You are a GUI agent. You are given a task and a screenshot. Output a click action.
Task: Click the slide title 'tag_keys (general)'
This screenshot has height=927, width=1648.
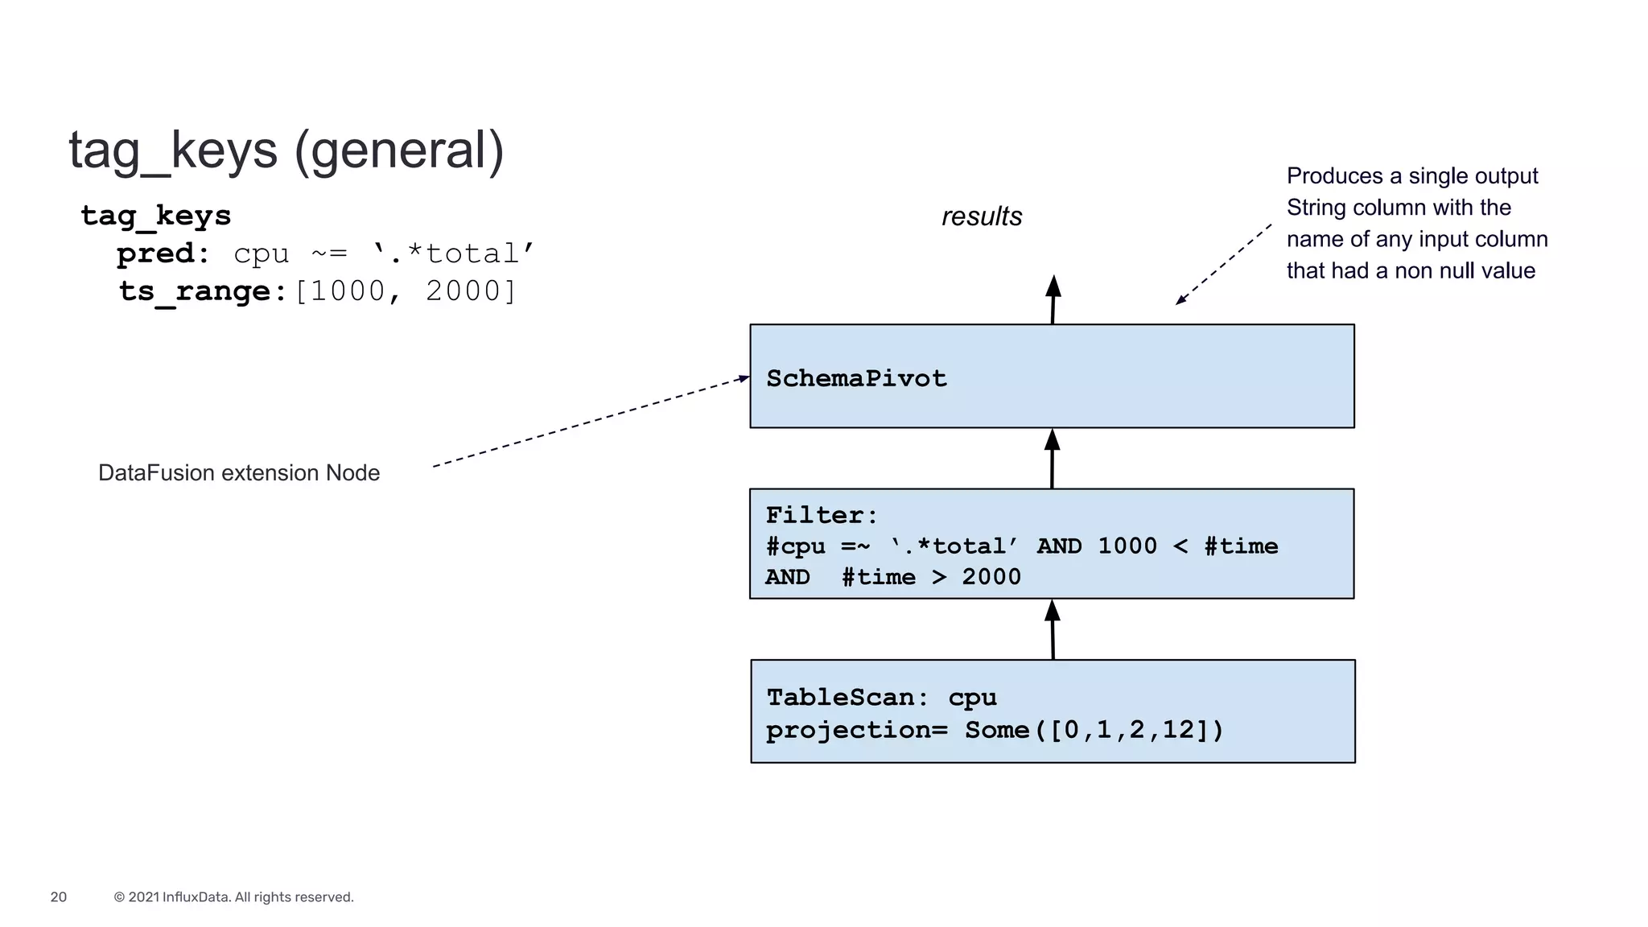point(286,150)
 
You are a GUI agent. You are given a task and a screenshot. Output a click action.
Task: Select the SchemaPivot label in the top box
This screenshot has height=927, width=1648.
point(856,378)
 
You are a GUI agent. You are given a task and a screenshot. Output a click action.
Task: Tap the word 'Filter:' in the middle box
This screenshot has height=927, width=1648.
point(821,515)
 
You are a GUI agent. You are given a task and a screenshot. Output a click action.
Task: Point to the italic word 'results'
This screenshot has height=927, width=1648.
point(981,216)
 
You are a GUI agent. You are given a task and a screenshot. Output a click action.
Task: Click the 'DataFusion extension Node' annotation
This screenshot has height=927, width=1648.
point(238,473)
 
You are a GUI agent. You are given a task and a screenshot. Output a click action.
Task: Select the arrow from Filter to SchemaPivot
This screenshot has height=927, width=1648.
point(1052,459)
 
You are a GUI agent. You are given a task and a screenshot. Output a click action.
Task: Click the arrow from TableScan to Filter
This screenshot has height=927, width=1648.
point(1053,630)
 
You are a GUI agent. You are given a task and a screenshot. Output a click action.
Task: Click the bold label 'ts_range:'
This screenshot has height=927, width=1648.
point(203,291)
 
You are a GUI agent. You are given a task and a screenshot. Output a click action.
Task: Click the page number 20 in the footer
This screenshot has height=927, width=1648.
point(59,897)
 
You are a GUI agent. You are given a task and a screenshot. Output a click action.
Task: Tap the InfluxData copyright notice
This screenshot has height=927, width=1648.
point(233,897)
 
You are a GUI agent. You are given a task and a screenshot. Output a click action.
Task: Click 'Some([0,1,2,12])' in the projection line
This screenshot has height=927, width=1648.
point(1094,730)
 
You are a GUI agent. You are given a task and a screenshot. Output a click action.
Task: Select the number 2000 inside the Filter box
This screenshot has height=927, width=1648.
point(991,577)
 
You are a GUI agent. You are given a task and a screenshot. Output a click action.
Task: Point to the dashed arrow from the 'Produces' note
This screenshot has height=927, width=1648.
point(1223,264)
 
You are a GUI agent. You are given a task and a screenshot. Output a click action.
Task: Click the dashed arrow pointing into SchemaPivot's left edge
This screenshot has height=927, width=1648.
point(591,422)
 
